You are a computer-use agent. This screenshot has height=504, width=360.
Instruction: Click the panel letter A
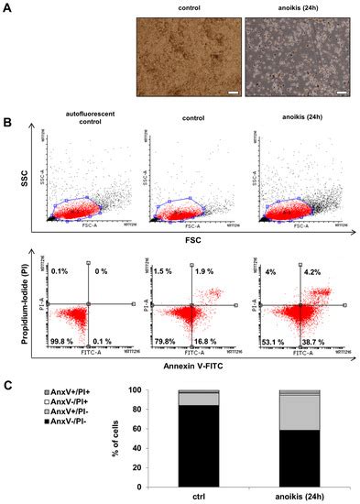10,13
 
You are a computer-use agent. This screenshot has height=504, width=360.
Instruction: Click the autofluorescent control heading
88,138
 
